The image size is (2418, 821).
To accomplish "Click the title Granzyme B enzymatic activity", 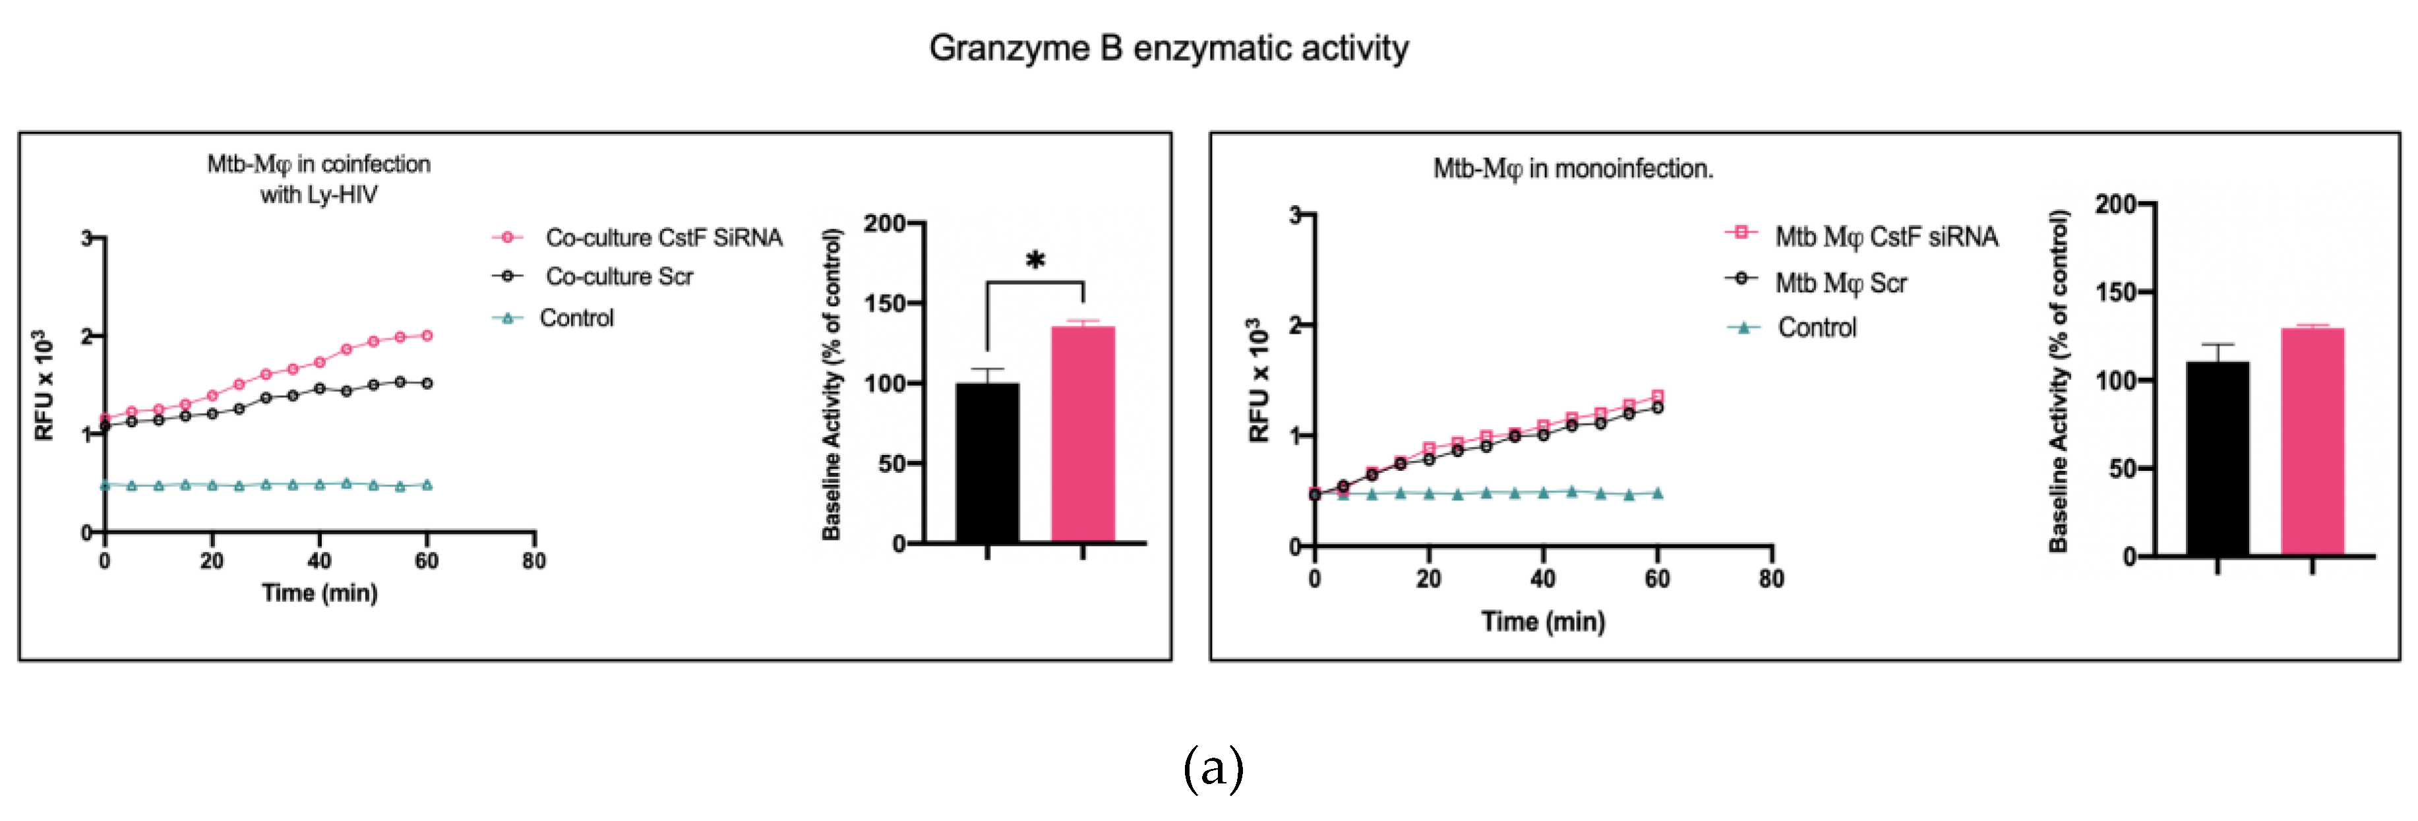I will (1168, 48).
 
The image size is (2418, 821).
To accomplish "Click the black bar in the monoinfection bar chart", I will (2216, 458).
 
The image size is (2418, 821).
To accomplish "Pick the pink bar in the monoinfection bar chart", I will (2312, 441).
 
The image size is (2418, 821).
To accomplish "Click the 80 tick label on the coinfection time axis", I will (534, 561).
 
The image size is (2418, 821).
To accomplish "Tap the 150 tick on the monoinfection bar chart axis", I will (2116, 292).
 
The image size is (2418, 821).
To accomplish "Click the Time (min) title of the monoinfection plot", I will (1542, 621).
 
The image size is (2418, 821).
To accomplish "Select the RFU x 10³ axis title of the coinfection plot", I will (43, 384).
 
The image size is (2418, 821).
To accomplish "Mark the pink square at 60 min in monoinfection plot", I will (1657, 396).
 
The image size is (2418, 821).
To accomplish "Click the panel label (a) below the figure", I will (1213, 768).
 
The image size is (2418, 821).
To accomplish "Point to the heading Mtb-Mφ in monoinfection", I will (1572, 169).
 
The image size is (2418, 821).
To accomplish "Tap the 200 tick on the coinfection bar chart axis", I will (884, 224).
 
